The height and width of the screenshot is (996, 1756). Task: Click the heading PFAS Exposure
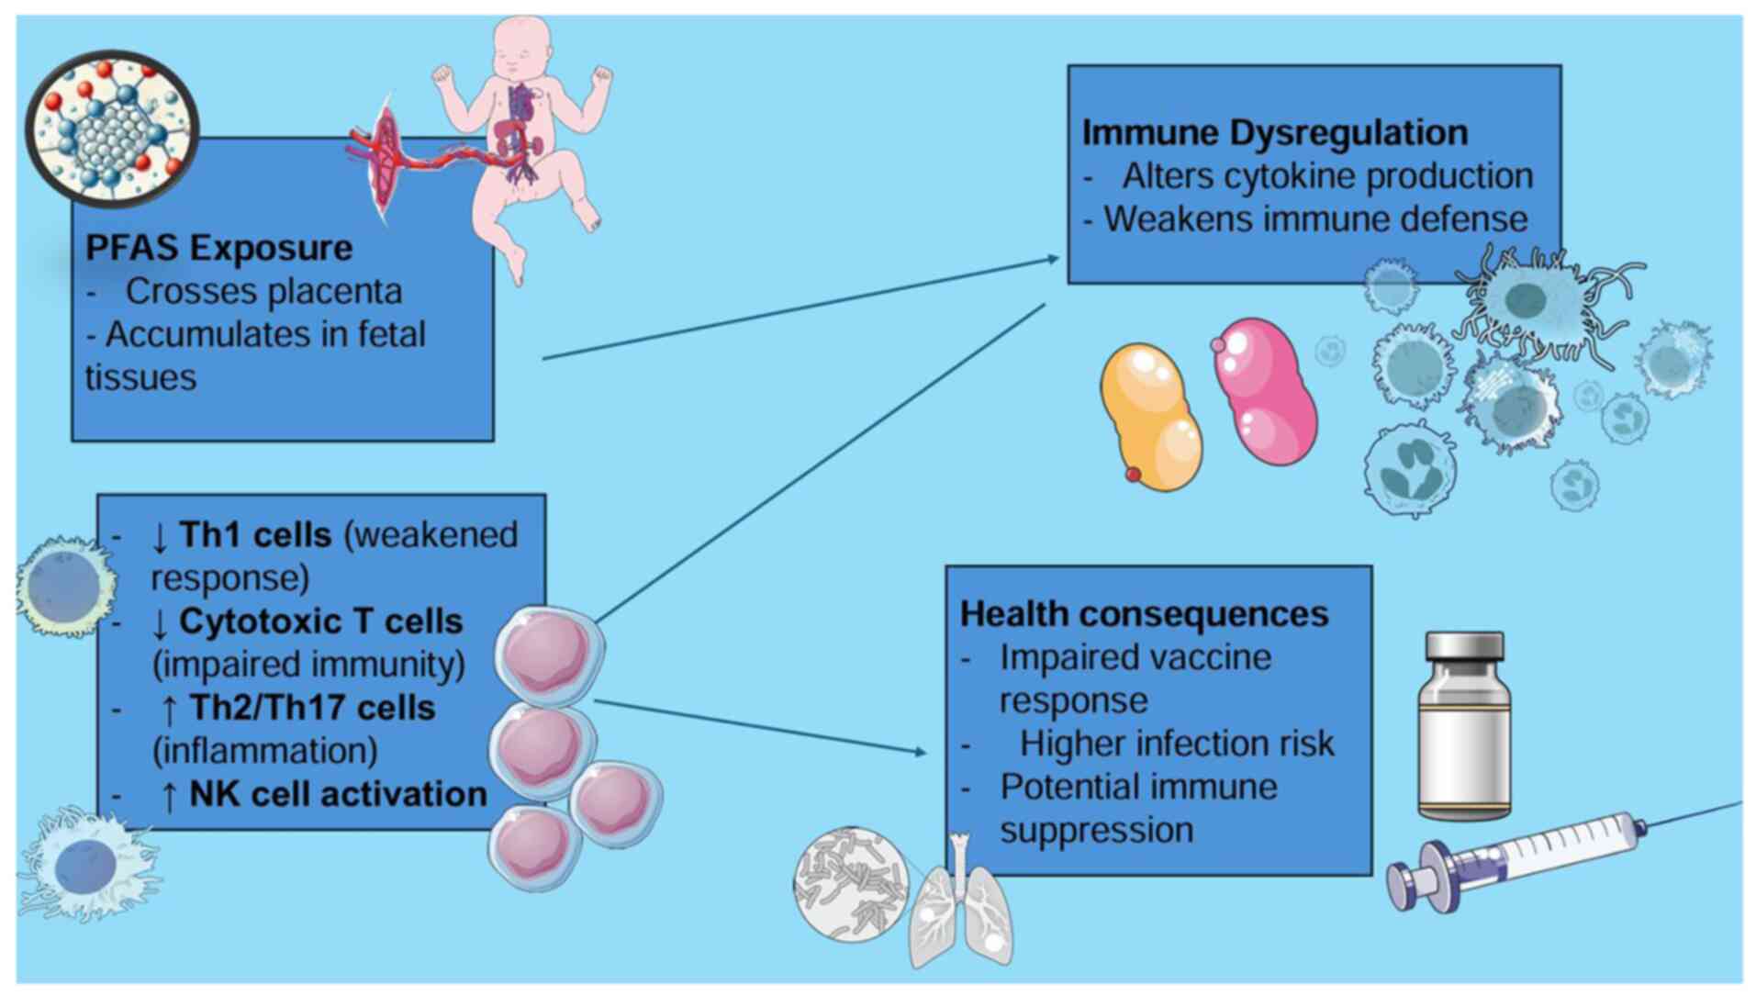[218, 248]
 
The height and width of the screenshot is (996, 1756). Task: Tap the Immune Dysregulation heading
[1274, 132]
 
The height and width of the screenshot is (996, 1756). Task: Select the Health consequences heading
[1144, 614]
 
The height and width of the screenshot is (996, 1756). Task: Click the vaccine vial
[1464, 724]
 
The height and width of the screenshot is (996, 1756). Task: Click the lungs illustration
[959, 908]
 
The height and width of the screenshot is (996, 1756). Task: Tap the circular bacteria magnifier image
[851, 884]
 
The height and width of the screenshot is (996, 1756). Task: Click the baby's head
[522, 46]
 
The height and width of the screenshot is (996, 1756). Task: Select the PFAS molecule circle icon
[112, 128]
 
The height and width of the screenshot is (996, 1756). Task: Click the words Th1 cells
[254, 534]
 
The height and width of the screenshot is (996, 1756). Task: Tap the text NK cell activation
[338, 794]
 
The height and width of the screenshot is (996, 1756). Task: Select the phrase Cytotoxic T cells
[320, 621]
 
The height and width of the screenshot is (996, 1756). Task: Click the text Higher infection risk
[1177, 744]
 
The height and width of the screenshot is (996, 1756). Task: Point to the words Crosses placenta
[263, 291]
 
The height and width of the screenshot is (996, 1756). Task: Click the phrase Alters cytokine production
[1327, 175]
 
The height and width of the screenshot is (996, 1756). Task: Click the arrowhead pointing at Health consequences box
[921, 752]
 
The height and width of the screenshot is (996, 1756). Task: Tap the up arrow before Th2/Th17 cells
[169, 710]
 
